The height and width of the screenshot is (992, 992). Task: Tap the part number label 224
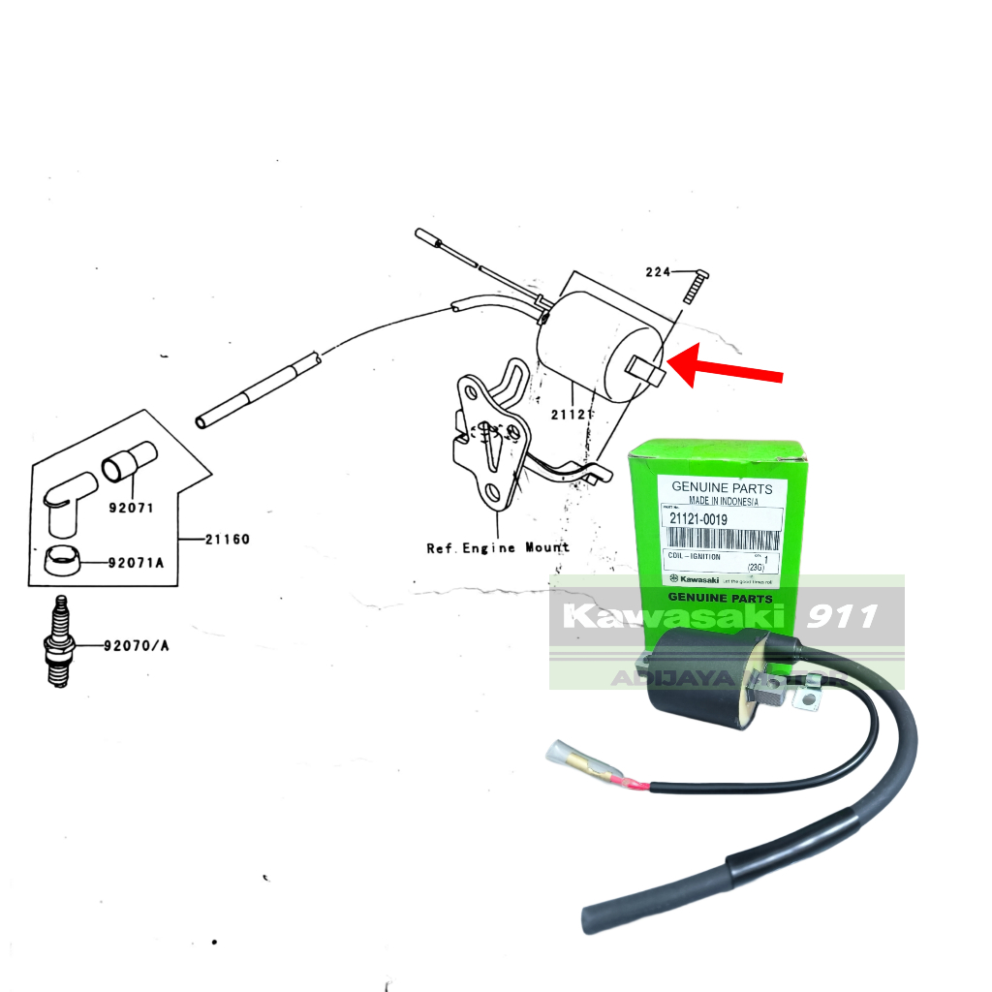tap(658, 272)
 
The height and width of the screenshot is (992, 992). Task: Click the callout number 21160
tap(227, 539)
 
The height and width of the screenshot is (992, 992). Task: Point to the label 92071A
tap(137, 563)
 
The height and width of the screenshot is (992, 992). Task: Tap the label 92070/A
tap(137, 645)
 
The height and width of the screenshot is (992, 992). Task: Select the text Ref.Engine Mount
tap(498, 548)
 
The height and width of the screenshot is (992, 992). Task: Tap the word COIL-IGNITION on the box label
tap(694, 557)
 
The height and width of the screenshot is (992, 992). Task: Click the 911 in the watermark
tap(842, 615)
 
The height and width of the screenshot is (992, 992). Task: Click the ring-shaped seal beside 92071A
tap(64, 560)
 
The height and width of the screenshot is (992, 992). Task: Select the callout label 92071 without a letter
tap(130, 508)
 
